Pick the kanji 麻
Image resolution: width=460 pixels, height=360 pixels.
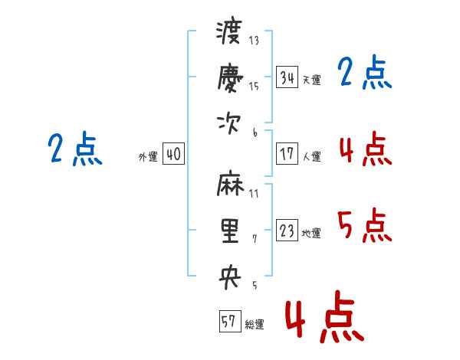click(x=229, y=187)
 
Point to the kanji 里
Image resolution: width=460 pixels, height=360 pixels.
click(x=229, y=231)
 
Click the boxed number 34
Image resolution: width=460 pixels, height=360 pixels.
click(x=287, y=77)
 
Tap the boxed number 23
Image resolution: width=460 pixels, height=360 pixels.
click(x=287, y=231)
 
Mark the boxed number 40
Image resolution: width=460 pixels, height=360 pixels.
click(x=173, y=154)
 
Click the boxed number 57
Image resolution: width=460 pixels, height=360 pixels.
click(x=228, y=322)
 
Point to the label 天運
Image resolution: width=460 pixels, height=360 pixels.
click(x=311, y=80)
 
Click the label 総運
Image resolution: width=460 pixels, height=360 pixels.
click(x=255, y=325)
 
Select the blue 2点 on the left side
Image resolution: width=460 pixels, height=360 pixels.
click(x=75, y=149)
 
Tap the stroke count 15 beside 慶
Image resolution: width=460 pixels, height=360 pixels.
click(x=254, y=86)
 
